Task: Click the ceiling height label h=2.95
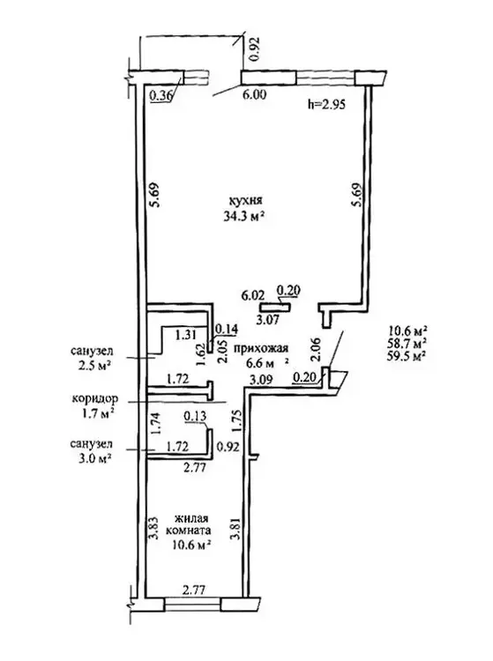pyautogui.click(x=327, y=104)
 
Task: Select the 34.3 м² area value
pyautogui.click(x=244, y=216)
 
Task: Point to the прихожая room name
pyautogui.click(x=261, y=348)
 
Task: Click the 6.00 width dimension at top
pyautogui.click(x=255, y=95)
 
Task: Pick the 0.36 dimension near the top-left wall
pyautogui.click(x=161, y=96)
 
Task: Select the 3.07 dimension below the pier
pyautogui.click(x=267, y=319)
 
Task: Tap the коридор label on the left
pyautogui.click(x=95, y=398)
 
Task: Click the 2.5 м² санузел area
pyautogui.click(x=93, y=364)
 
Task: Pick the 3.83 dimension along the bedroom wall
pyautogui.click(x=153, y=528)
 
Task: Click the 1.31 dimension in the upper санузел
pyautogui.click(x=187, y=335)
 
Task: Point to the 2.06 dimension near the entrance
pyautogui.click(x=316, y=350)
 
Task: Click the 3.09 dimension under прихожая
pyautogui.click(x=261, y=380)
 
